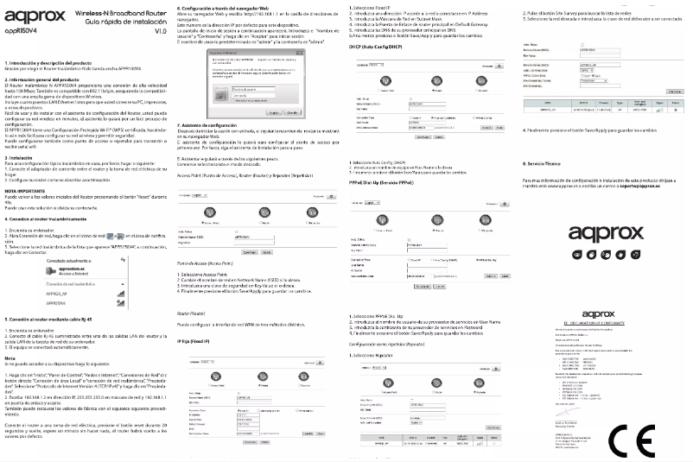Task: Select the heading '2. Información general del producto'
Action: (44, 79)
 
